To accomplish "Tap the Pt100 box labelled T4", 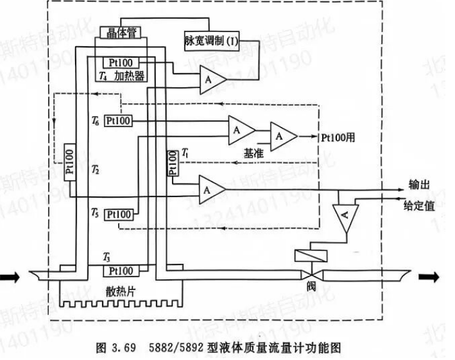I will (119, 63).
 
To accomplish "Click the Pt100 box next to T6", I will (119, 120).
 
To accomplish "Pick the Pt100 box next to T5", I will (119, 213).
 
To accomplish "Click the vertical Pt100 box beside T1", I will (172, 164).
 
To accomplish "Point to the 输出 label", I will (418, 185).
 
